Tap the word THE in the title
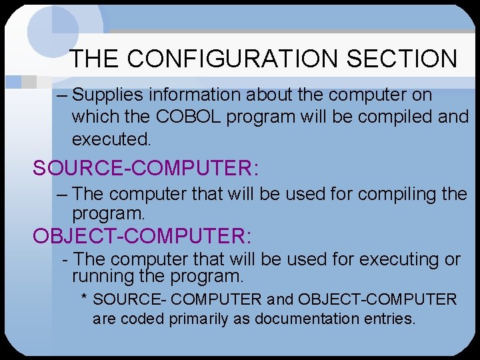(96, 59)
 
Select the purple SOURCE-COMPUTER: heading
(146, 169)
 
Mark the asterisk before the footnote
(85, 299)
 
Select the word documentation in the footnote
(282, 319)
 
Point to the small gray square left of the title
(28, 81)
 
